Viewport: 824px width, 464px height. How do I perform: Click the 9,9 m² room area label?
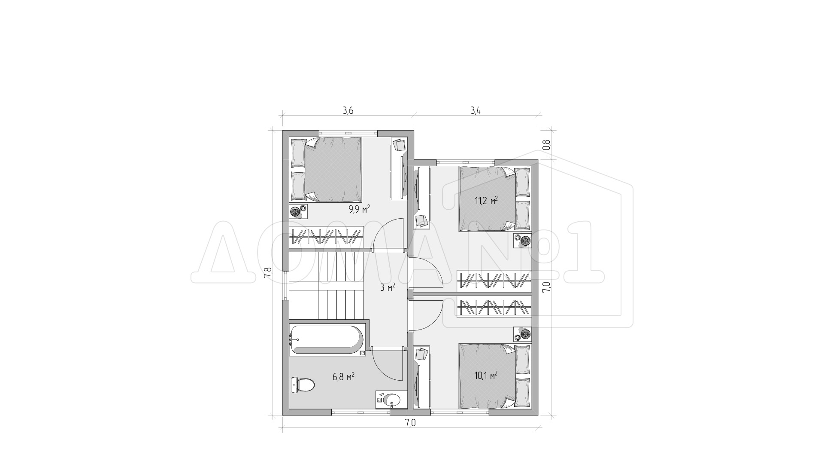click(359, 209)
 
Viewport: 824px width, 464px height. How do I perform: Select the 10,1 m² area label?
click(486, 375)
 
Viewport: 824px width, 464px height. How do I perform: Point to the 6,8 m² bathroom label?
click(343, 377)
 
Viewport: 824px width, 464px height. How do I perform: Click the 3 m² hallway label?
click(388, 287)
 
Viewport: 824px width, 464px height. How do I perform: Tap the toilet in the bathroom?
click(303, 385)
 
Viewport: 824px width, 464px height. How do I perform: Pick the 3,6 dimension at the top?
click(348, 111)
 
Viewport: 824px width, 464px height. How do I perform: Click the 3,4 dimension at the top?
click(475, 111)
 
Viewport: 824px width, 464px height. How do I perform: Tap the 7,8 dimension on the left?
click(268, 273)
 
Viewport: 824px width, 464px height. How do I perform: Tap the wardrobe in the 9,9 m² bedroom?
click(326, 236)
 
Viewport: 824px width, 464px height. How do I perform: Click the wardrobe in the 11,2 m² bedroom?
click(494, 281)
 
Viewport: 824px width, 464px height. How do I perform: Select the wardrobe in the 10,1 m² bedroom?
click(494, 307)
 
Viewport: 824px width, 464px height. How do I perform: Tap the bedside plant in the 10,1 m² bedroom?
click(525, 333)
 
